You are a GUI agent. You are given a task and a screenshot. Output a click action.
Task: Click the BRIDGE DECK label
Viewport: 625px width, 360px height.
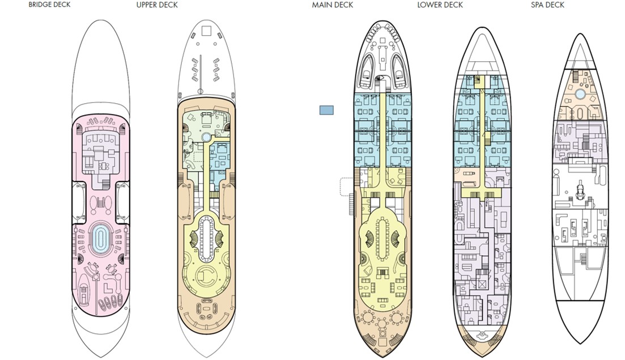49,5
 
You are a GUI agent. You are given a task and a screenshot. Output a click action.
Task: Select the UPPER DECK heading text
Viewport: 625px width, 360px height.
157,5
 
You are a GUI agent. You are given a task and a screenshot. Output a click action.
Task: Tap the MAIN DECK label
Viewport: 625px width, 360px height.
332,5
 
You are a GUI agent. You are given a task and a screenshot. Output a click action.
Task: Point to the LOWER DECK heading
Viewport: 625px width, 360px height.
440,5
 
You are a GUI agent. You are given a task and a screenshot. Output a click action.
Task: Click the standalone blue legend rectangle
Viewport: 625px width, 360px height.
326,110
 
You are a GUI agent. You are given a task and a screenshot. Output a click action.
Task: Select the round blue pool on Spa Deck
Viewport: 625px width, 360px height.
580,94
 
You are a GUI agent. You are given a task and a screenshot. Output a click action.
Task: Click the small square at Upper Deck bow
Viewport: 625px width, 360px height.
206,30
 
